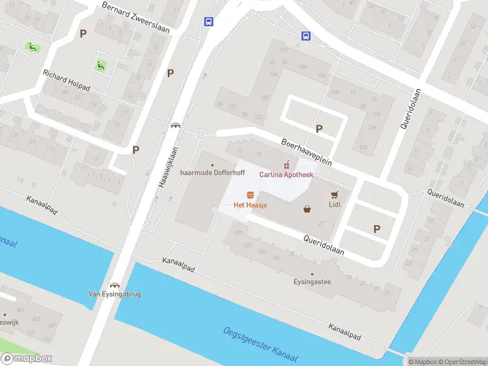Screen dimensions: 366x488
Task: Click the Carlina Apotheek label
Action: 286,175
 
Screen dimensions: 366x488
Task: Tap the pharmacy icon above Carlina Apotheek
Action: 284,165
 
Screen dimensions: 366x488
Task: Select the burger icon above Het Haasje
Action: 250,195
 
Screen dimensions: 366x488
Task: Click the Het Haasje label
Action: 250,205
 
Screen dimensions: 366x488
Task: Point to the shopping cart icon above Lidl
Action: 334,195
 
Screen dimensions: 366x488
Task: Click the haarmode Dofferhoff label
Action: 212,173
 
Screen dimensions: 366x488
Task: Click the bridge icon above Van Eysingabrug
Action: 114,285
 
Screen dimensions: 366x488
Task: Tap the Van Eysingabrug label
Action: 114,294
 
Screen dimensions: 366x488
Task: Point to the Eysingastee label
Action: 312,282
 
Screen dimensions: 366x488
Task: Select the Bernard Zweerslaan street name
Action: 135,17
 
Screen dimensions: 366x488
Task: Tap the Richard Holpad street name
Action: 66,80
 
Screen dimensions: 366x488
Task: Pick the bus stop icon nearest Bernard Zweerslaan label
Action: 209,22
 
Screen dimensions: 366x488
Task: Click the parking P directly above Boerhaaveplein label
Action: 318,129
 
